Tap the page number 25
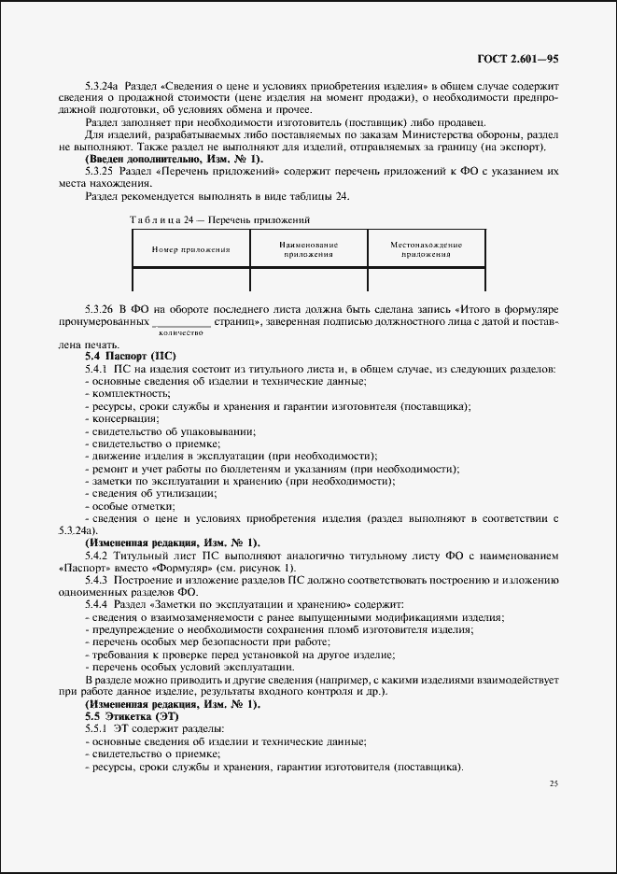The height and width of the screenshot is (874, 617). click(x=553, y=783)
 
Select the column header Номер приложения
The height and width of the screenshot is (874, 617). click(x=191, y=249)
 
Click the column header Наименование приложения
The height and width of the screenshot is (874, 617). click(x=309, y=249)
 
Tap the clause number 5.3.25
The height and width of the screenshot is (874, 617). click(x=98, y=172)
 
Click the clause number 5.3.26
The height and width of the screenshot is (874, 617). click(x=98, y=308)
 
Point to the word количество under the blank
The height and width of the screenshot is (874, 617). click(x=181, y=332)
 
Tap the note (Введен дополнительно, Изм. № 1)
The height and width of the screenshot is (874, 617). click(x=174, y=160)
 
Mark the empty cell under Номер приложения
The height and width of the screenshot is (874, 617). click(x=191, y=280)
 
